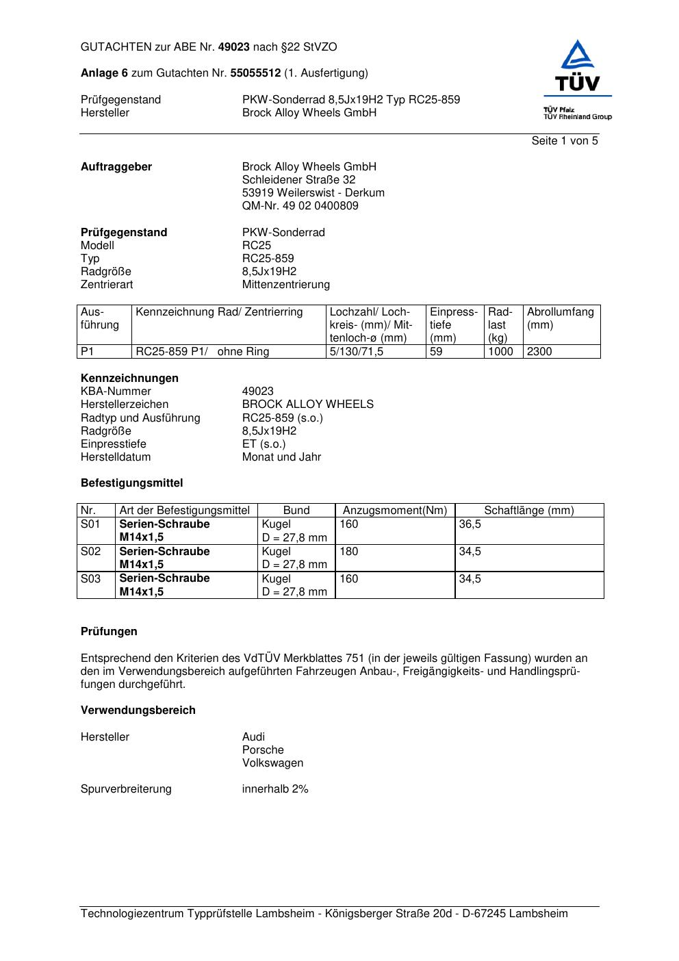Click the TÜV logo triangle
(x=578, y=56)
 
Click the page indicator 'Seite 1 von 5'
(x=564, y=141)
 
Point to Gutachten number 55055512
(x=255, y=73)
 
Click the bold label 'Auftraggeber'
(x=116, y=167)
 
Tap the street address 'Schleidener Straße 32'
(x=298, y=180)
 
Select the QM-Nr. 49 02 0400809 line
(x=300, y=206)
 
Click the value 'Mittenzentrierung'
(x=285, y=285)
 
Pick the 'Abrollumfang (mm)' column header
(x=560, y=318)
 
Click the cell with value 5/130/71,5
(x=357, y=352)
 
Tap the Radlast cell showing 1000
(x=500, y=352)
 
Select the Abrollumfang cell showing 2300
(x=539, y=352)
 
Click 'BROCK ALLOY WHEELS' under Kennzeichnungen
(x=307, y=405)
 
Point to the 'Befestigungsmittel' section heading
(x=131, y=483)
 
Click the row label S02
(x=90, y=552)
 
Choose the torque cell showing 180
(x=349, y=552)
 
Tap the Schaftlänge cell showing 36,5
(x=470, y=524)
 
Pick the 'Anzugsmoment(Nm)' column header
(x=394, y=511)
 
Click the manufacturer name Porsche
(x=263, y=750)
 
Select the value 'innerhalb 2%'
(x=275, y=789)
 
